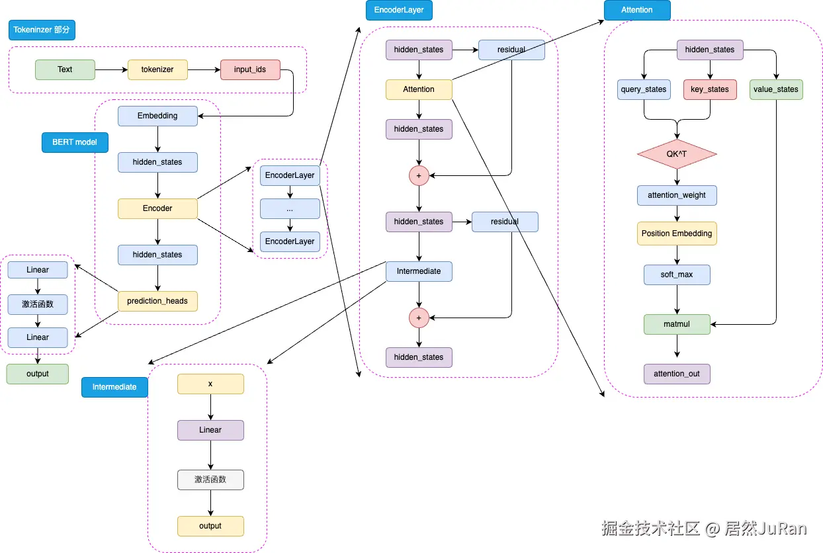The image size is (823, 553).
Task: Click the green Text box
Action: [65, 69]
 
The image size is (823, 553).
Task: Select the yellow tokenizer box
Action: [157, 69]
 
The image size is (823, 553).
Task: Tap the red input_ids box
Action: [250, 69]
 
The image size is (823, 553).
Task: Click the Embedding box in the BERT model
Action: [157, 116]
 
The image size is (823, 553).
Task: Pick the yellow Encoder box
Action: [157, 208]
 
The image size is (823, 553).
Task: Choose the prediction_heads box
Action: [157, 301]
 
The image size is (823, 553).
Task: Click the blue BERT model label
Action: [75, 142]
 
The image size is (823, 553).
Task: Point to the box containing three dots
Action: [290, 208]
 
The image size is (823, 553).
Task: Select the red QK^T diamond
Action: [677, 154]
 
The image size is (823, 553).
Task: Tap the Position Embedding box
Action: [677, 234]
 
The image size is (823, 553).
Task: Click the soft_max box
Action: [677, 275]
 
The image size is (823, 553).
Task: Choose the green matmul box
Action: [677, 324]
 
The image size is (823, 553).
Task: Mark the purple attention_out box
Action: [677, 374]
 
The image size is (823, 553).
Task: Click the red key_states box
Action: [710, 89]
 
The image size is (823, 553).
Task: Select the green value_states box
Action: [776, 89]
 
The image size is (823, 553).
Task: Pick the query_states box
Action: [644, 89]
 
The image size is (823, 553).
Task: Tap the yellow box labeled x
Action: [210, 384]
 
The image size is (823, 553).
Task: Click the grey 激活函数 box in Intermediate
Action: [210, 480]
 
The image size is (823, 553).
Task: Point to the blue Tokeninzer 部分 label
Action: [42, 30]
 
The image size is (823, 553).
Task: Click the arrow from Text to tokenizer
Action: [111, 69]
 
